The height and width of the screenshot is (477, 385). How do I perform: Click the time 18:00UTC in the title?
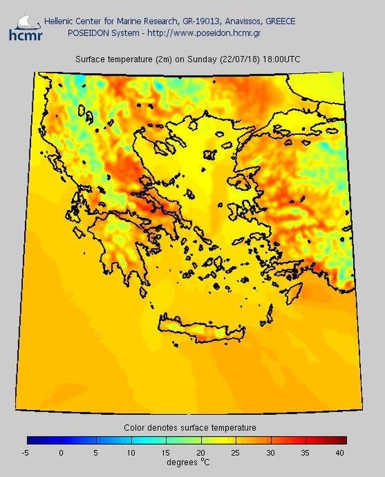(x=282, y=60)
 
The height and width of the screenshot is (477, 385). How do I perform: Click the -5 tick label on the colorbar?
(x=25, y=453)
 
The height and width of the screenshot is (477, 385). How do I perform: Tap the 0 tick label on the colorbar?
(x=61, y=453)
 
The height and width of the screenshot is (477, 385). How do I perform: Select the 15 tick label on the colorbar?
(x=166, y=453)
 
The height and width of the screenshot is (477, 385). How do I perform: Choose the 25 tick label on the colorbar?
(x=235, y=453)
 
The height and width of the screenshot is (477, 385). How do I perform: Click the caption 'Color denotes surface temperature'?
(x=190, y=428)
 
